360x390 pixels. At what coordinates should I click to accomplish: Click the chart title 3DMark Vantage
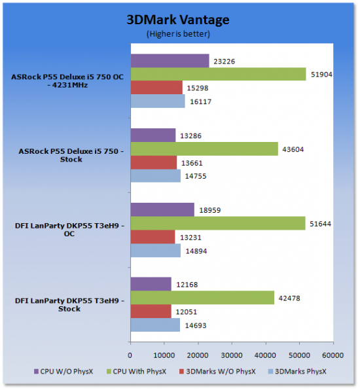click(x=178, y=20)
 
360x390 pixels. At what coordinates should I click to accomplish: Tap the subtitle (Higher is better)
click(x=178, y=34)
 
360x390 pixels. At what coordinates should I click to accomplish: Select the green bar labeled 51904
click(x=218, y=74)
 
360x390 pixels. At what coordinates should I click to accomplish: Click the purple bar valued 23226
click(x=170, y=61)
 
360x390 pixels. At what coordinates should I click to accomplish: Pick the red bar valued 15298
click(x=156, y=88)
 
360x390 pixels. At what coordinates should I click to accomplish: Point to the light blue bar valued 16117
click(x=158, y=101)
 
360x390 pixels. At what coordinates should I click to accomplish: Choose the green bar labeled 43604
click(x=204, y=149)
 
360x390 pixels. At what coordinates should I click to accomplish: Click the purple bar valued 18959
click(x=162, y=209)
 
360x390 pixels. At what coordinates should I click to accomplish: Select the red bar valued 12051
click(x=151, y=311)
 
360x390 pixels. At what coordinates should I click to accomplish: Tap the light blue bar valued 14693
click(x=155, y=325)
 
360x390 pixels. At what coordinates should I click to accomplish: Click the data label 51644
click(x=320, y=224)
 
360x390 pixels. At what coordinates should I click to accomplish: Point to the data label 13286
click(x=191, y=136)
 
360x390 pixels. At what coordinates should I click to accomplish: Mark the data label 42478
click(x=289, y=298)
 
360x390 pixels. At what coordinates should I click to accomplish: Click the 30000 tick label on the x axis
click(x=232, y=355)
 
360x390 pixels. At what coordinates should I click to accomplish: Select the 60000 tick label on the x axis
click(x=333, y=355)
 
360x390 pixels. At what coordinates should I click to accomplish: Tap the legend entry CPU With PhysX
click(x=136, y=371)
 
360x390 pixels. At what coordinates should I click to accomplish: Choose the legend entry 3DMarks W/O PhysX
click(x=217, y=371)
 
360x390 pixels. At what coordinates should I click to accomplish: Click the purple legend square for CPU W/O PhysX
click(x=36, y=372)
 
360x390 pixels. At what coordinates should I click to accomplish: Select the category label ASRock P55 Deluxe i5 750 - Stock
click(x=71, y=155)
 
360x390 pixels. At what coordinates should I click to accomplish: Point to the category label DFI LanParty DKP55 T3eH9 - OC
click(x=69, y=230)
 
